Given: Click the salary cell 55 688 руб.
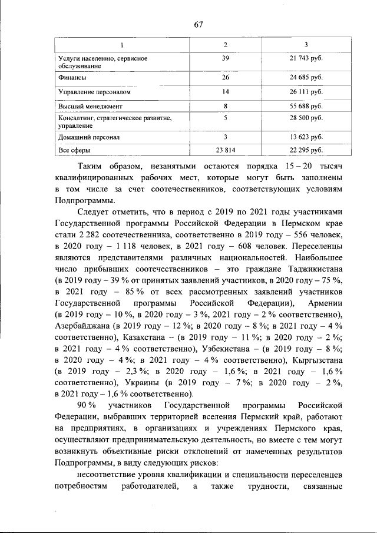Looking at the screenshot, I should click(x=305, y=107).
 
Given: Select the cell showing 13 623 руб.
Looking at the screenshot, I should click(x=305, y=137).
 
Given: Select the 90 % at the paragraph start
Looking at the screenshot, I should click(x=88, y=406).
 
